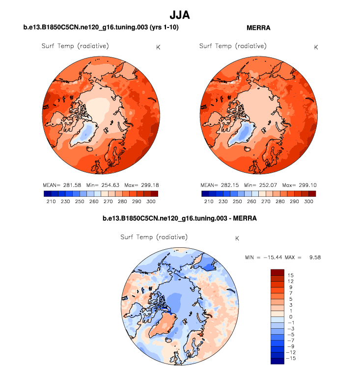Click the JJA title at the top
pyautogui.click(x=179, y=15)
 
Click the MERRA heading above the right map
pyautogui.click(x=258, y=28)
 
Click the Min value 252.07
pyautogui.click(x=268, y=185)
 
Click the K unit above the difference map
pyautogui.click(x=237, y=238)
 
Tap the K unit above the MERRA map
pyautogui.click(x=316, y=47)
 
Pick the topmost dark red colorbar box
pyautogui.click(x=277, y=272)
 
